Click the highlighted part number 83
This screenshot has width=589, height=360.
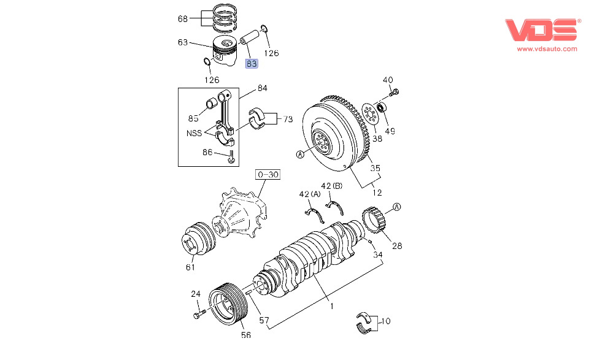pyautogui.click(x=252, y=63)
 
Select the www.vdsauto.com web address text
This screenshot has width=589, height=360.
pyautogui.click(x=547, y=48)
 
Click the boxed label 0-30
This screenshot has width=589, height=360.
pyautogui.click(x=268, y=175)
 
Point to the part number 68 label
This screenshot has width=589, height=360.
pyautogui.click(x=183, y=19)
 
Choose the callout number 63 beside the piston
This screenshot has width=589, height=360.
pyautogui.click(x=183, y=42)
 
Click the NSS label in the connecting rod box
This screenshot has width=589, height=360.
pyautogui.click(x=194, y=132)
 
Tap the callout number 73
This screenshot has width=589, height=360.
pyautogui.click(x=287, y=119)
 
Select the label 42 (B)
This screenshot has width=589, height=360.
pyautogui.click(x=331, y=186)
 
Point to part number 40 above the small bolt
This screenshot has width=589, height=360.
pyautogui.click(x=388, y=80)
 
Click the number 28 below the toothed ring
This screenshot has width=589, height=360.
pyautogui.click(x=397, y=246)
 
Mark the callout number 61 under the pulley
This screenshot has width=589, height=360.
pyautogui.click(x=190, y=267)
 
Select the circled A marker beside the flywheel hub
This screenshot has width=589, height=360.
pyautogui.click(x=301, y=155)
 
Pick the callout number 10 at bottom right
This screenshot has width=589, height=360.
pyautogui.click(x=385, y=321)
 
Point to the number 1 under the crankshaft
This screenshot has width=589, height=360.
pyautogui.click(x=331, y=305)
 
